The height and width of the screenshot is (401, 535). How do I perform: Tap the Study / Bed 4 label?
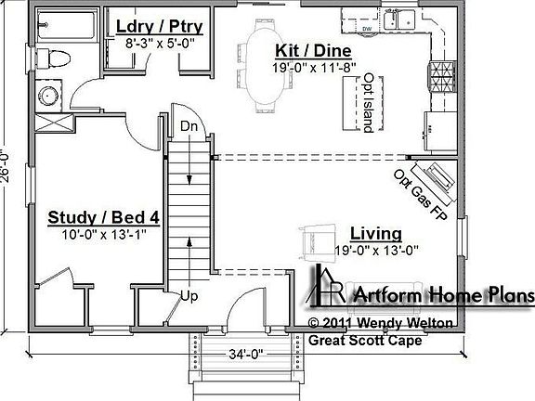click(104, 218)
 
